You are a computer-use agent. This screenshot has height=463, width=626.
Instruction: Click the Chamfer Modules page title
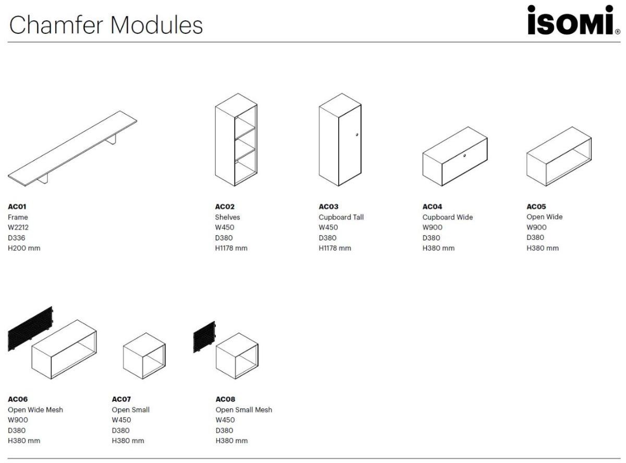tap(106, 25)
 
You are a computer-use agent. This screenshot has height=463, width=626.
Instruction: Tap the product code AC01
tap(17, 206)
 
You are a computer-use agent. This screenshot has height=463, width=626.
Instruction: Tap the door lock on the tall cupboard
tap(357, 135)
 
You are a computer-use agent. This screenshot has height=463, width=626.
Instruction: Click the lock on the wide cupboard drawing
tap(464, 156)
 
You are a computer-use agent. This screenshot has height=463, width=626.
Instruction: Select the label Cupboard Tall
tap(341, 217)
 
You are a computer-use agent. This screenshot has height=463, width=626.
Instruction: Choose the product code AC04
tap(432, 206)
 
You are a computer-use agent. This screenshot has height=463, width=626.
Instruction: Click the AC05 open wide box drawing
tap(559, 156)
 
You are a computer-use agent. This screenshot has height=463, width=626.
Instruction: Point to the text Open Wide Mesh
tap(35, 410)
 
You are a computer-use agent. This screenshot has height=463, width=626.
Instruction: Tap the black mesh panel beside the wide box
tap(30, 328)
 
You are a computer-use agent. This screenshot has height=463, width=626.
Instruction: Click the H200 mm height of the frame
tap(24, 248)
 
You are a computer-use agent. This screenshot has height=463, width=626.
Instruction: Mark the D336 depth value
tap(17, 238)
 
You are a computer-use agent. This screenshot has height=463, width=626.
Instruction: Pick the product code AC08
tap(226, 399)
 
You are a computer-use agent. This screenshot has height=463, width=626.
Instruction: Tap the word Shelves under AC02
tap(227, 217)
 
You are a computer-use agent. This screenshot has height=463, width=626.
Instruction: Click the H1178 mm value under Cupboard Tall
tap(335, 248)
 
